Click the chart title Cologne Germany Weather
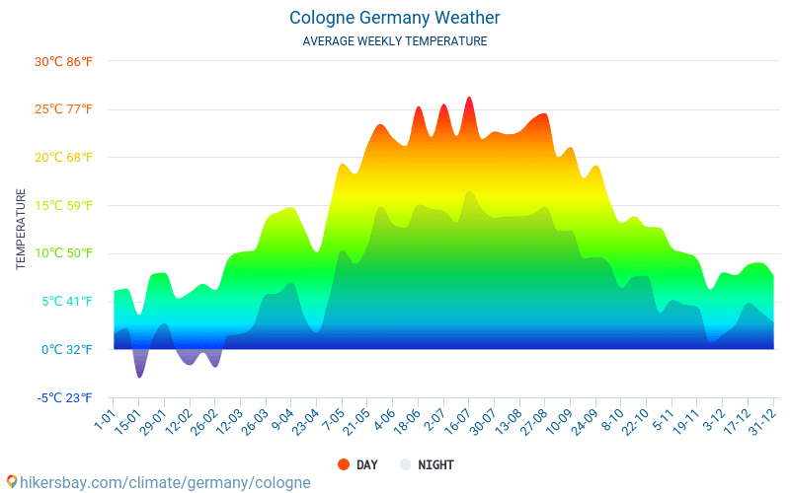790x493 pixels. pos(395,18)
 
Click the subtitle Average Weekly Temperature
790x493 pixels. pos(395,41)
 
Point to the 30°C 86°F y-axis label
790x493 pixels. pos(63,61)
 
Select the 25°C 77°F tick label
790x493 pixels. pos(63,109)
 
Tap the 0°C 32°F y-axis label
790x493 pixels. pos(67,349)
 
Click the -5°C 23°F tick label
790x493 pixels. pos(65,397)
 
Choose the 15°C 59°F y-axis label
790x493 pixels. pos(63,205)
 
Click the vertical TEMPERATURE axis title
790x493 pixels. pos(21,229)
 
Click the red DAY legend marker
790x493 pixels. pos(344,464)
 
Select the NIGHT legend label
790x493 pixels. pos(435,464)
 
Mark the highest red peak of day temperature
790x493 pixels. pos(469,98)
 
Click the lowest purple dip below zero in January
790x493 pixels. pos(139,377)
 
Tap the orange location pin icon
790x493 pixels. pos(11,481)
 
